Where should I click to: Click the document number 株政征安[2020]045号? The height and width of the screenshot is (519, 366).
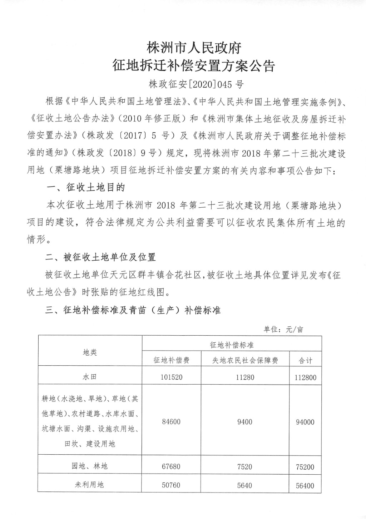(x=196, y=85)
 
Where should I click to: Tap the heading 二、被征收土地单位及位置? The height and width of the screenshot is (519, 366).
(x=101, y=257)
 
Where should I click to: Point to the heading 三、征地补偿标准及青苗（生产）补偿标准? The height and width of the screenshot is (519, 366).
(x=133, y=310)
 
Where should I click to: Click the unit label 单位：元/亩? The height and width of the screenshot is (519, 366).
(x=283, y=329)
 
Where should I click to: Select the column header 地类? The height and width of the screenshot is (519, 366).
(x=90, y=352)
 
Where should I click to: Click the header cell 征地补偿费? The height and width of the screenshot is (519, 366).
(x=171, y=360)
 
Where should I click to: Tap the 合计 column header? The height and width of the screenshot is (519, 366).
(x=305, y=360)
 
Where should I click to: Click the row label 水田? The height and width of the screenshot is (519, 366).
(x=90, y=377)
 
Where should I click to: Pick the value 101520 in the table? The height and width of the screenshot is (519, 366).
(x=171, y=377)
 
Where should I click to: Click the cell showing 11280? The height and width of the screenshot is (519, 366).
(x=245, y=377)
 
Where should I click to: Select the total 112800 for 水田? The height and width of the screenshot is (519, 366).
(x=305, y=377)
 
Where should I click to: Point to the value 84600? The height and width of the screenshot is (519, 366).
(x=171, y=422)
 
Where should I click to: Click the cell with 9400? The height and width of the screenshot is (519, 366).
(x=245, y=422)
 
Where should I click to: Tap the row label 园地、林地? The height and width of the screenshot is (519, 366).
(x=90, y=466)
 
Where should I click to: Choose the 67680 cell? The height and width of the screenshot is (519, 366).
(x=171, y=466)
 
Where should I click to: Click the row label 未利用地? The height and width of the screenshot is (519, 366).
(x=90, y=485)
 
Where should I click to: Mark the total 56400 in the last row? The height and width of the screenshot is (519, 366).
(x=305, y=485)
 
